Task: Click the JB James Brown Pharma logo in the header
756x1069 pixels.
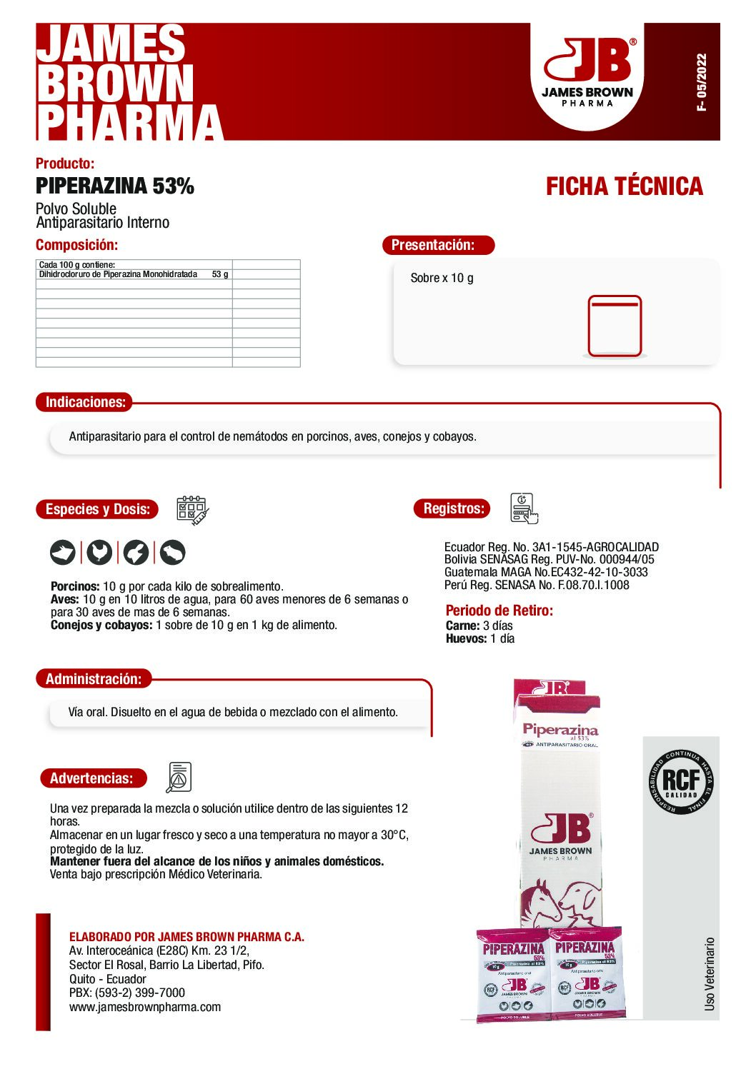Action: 587,71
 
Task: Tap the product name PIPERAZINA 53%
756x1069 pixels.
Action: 115,186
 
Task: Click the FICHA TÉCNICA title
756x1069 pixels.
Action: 624,186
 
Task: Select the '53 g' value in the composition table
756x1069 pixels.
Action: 220,274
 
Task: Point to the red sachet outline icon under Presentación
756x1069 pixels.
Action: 615,326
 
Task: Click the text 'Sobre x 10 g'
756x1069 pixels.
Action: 442,278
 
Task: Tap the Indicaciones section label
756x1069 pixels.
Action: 85,402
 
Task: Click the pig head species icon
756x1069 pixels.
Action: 63,552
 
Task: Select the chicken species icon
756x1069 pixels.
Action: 99,552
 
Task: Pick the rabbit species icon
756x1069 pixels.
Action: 136,552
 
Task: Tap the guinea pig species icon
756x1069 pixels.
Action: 172,552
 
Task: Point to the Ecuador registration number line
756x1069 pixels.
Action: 551,547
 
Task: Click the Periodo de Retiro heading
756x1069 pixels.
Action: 499,611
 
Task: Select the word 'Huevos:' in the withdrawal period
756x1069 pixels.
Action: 466,638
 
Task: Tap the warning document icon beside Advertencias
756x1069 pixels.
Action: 179,777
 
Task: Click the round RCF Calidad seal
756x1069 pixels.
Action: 681,781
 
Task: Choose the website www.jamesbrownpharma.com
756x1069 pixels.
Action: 145,1007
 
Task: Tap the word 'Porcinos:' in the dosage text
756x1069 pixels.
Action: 75,586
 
